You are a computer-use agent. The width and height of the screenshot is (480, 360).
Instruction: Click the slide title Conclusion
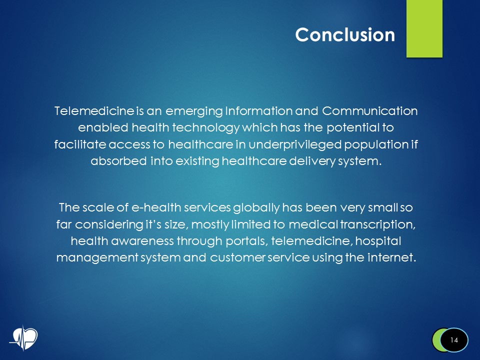pos(345,34)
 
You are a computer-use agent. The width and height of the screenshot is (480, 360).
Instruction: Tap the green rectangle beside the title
pos(424,28)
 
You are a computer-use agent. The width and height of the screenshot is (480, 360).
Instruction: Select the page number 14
pos(454,340)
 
